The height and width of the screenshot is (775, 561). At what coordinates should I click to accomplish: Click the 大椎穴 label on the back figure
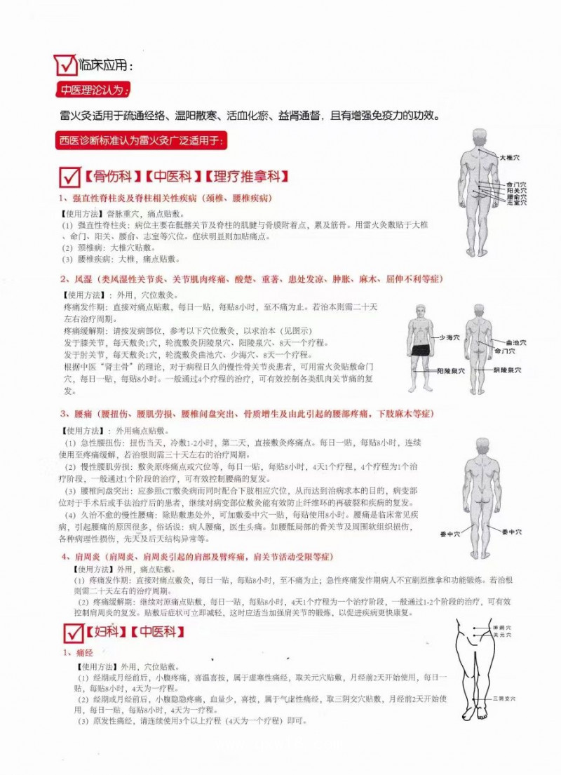509,158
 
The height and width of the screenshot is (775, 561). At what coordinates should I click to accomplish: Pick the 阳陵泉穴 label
448,370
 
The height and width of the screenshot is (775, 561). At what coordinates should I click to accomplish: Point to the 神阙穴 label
502,627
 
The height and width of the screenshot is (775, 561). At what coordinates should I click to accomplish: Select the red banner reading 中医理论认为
93,91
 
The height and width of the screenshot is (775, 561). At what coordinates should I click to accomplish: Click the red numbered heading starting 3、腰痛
245,414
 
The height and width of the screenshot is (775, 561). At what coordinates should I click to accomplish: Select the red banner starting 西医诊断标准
140,140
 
